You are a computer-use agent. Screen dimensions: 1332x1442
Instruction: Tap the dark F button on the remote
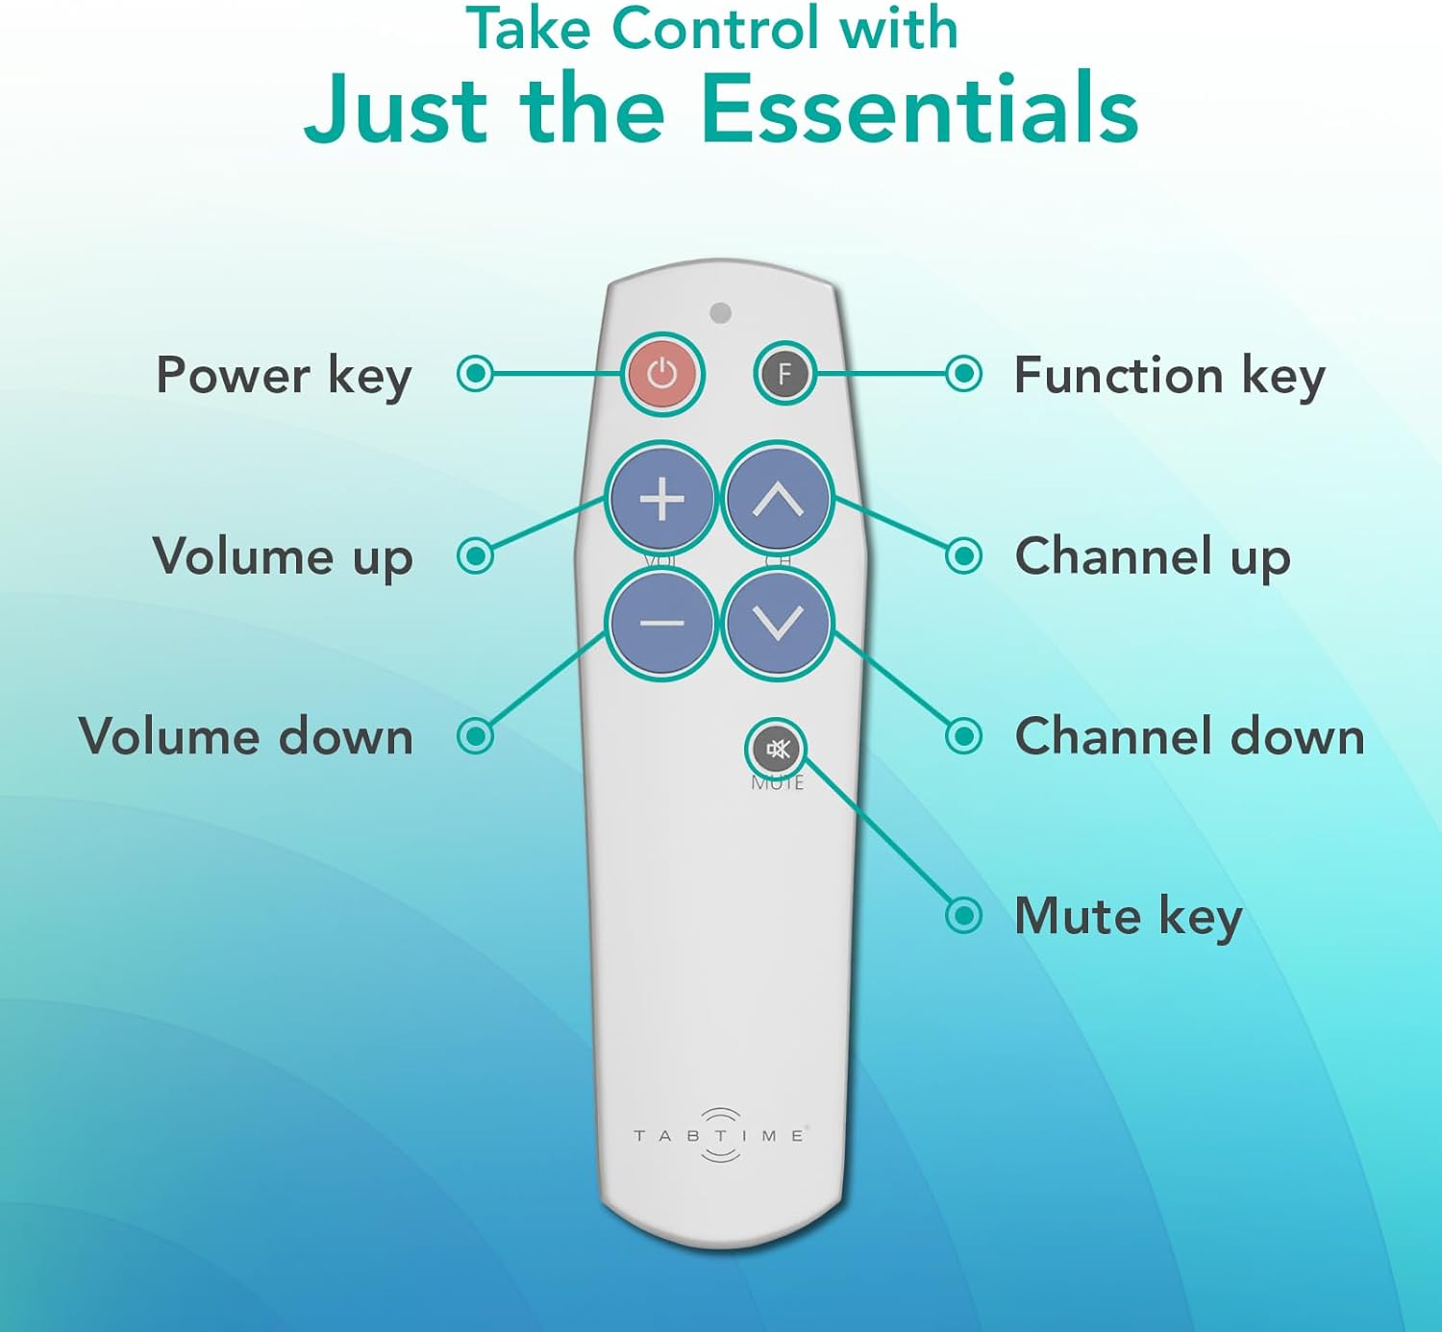[784, 374]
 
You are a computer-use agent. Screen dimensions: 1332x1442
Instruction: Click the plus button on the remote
[661, 499]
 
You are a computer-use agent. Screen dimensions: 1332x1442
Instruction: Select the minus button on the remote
[661, 623]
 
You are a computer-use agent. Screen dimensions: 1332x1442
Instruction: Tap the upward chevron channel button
[778, 499]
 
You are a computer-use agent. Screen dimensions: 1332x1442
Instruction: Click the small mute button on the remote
[776, 749]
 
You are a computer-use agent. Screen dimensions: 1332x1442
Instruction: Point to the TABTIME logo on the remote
[720, 1135]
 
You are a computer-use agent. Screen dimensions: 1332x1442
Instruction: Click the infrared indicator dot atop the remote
[720, 312]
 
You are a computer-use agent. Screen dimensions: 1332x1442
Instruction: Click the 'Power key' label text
[284, 375]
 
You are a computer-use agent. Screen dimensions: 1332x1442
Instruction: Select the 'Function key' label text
[1169, 375]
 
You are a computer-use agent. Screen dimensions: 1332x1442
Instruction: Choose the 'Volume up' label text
[283, 556]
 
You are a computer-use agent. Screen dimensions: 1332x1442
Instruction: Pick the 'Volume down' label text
[246, 737]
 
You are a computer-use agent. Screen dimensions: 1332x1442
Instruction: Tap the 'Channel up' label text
[1152, 556]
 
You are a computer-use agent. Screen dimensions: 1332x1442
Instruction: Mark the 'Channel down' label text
[1189, 737]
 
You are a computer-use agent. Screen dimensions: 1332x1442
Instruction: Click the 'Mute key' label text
[1128, 916]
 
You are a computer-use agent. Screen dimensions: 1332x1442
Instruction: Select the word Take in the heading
[528, 29]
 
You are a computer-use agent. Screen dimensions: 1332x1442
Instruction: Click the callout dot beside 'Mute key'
[963, 916]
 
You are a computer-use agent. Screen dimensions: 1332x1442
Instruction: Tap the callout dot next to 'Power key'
[475, 374]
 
